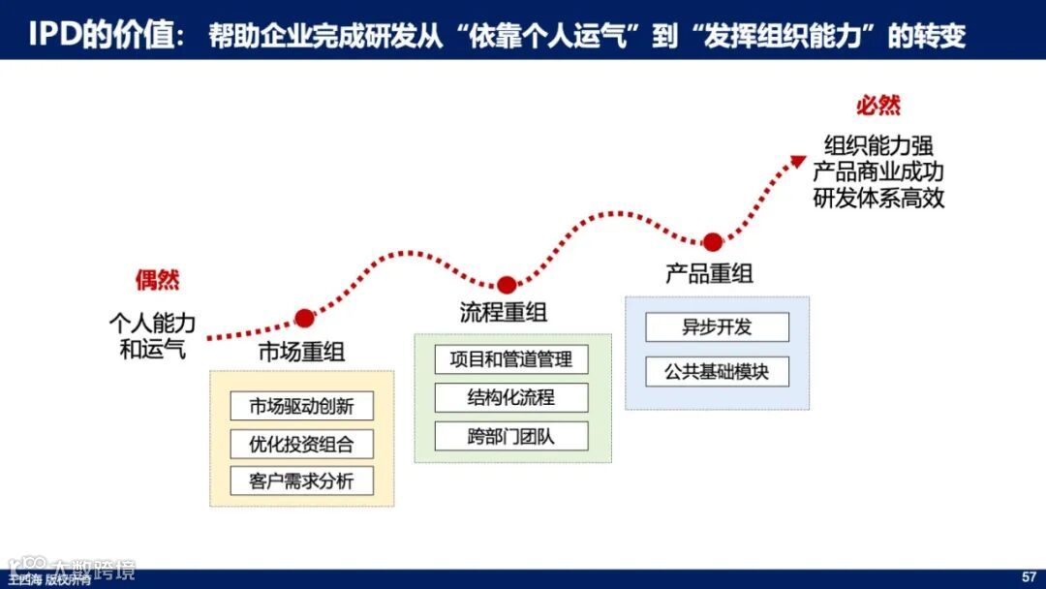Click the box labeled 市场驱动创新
point(301,407)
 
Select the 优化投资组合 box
point(301,444)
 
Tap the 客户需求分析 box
point(301,480)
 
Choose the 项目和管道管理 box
point(511,359)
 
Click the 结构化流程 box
point(511,397)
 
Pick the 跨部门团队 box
point(511,435)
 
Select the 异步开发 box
point(717,327)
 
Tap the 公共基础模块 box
point(717,371)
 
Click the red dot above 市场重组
point(304,318)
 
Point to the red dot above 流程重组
point(506,285)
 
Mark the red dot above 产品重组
point(712,242)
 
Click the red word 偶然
point(157,281)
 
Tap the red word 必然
point(877,106)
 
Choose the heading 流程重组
point(503,312)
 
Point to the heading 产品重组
point(709,273)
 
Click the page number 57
point(1029,577)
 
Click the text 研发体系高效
point(878,199)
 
